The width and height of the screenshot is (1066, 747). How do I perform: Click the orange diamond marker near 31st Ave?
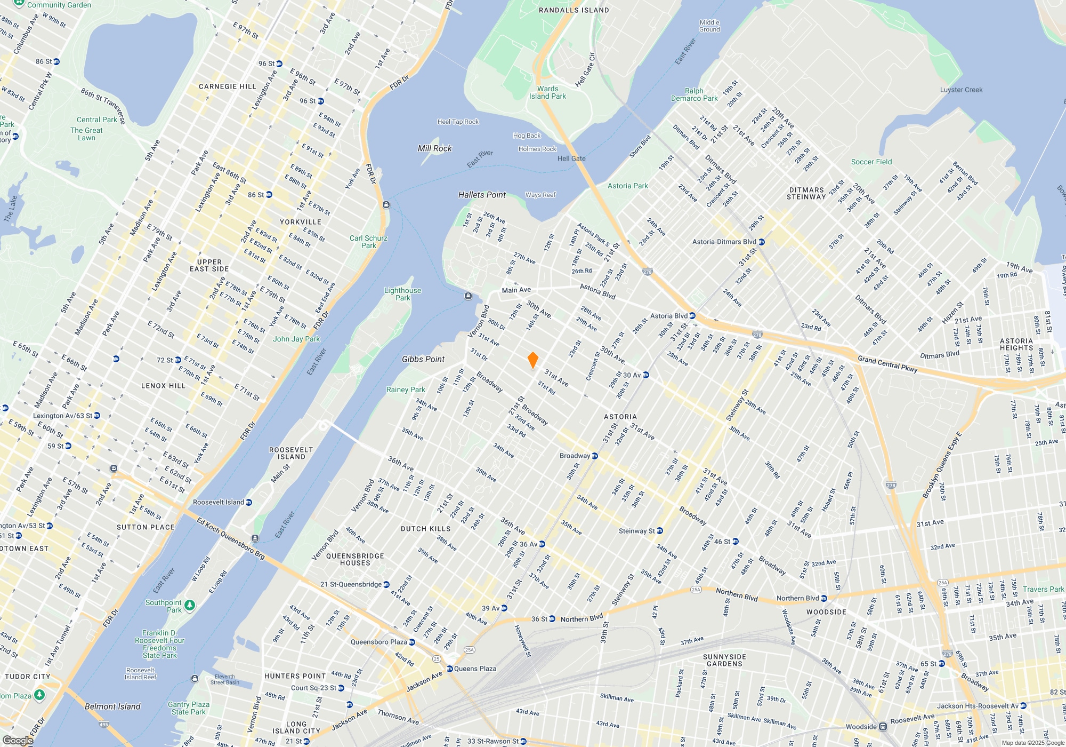[x=532, y=360]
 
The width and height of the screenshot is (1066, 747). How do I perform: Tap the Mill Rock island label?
[x=434, y=148]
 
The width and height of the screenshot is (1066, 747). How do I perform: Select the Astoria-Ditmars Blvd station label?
[x=724, y=242]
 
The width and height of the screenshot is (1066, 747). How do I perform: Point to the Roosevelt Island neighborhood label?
[x=291, y=453]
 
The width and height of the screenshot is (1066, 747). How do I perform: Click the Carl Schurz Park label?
[x=368, y=242]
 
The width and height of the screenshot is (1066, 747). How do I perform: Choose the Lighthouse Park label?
[x=402, y=294]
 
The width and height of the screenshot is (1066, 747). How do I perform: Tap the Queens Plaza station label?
[x=475, y=669]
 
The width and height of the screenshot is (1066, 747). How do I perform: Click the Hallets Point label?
[x=482, y=195]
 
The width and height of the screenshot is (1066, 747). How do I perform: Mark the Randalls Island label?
[x=574, y=10]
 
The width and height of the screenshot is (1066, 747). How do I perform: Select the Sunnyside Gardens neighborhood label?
[x=724, y=660]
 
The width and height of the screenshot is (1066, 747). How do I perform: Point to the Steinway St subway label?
[x=636, y=531]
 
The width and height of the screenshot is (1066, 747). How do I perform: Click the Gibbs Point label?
[x=423, y=359]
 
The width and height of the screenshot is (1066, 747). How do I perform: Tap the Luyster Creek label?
[x=961, y=90]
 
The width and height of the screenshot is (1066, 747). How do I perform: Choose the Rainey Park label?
[x=406, y=390]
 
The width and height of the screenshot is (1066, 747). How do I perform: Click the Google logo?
[x=18, y=741]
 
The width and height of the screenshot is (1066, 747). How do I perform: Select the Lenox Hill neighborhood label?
[x=163, y=386]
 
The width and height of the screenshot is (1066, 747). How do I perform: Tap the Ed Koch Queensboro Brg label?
[x=230, y=538]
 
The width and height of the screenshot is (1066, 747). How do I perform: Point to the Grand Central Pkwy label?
[x=887, y=364]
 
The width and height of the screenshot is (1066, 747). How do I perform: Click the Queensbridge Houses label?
[x=355, y=559]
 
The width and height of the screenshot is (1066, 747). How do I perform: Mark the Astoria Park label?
[x=628, y=186]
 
